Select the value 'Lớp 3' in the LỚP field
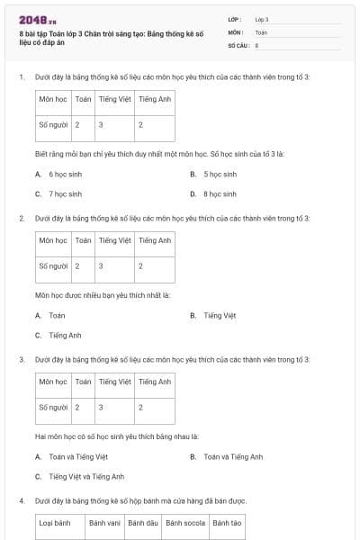tap(262, 19)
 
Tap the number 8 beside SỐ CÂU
tap(257, 44)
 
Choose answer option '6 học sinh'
tap(65, 174)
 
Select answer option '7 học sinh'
tap(65, 193)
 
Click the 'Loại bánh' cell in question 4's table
tap(55, 522)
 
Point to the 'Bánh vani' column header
tap(103, 522)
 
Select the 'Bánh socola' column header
tap(185, 522)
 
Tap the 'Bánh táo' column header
tap(227, 522)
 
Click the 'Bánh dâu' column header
tap(142, 522)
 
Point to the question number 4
tap(21, 500)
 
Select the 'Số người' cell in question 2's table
tap(53, 265)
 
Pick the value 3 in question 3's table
tap(101, 407)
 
